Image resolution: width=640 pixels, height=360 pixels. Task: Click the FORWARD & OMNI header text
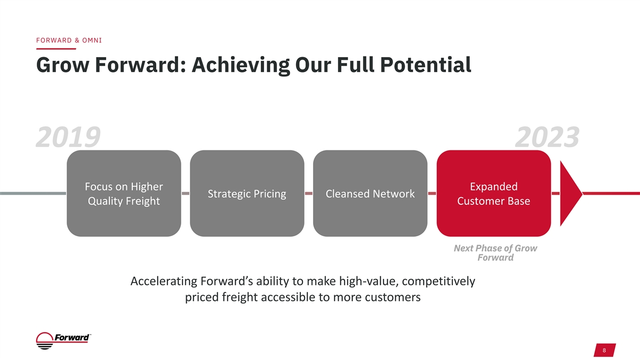point(69,41)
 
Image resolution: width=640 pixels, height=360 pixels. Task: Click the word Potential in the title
point(426,65)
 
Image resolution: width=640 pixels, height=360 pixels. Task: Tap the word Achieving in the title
point(241,66)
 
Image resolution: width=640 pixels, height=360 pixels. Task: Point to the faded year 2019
point(68,137)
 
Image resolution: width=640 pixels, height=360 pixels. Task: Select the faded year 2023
point(547,137)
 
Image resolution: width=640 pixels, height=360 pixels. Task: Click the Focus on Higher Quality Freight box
point(124,194)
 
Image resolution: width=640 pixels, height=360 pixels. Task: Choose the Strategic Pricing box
point(247,194)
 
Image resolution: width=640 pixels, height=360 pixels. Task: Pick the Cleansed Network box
point(370,194)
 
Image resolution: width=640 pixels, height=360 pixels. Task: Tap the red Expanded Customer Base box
point(494,194)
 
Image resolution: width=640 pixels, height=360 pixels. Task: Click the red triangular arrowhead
point(569,194)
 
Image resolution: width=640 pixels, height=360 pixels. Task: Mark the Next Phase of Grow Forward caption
point(495,253)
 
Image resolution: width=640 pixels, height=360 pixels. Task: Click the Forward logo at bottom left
point(63,341)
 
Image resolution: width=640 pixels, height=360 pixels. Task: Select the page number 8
point(604,350)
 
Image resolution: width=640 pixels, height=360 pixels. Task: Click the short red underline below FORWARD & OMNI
point(56,49)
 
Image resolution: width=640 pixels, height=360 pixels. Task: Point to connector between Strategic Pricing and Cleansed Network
point(309,194)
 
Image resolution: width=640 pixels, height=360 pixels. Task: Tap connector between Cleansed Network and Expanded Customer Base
point(432,194)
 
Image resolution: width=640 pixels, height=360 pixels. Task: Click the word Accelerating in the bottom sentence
point(164,282)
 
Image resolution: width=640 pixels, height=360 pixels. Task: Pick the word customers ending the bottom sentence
point(393,297)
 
